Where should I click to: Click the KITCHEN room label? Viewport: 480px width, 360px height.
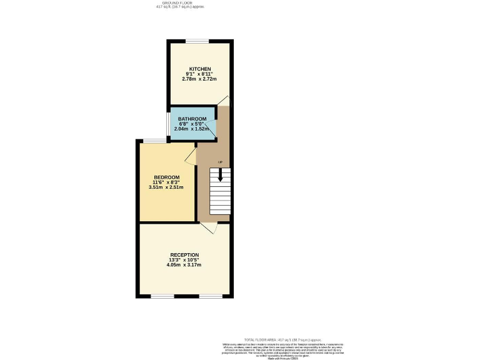click(x=200, y=69)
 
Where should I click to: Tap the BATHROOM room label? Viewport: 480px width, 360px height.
click(x=192, y=119)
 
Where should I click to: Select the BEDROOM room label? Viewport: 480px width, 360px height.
click(x=167, y=177)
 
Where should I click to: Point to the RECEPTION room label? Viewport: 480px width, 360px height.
click(x=184, y=255)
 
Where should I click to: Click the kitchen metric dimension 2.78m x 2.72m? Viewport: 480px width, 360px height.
click(x=199, y=79)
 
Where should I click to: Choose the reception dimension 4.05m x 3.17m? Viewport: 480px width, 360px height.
click(x=184, y=265)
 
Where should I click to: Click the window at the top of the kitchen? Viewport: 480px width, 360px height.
click(x=196, y=41)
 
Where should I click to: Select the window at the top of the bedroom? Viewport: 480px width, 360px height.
click(x=154, y=141)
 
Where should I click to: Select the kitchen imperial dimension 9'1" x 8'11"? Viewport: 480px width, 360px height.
click(x=200, y=74)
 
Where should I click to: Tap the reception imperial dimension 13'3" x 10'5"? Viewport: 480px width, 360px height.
click(x=184, y=260)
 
